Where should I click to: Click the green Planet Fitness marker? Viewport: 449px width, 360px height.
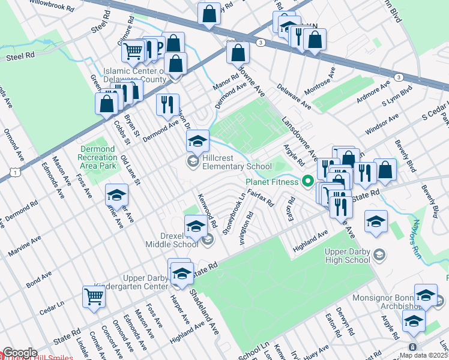[x=309, y=181]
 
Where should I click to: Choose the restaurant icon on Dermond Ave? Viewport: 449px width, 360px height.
[x=167, y=104]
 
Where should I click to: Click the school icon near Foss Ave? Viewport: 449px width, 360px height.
[x=116, y=195]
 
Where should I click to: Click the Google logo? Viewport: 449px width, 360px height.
[x=19, y=353]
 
